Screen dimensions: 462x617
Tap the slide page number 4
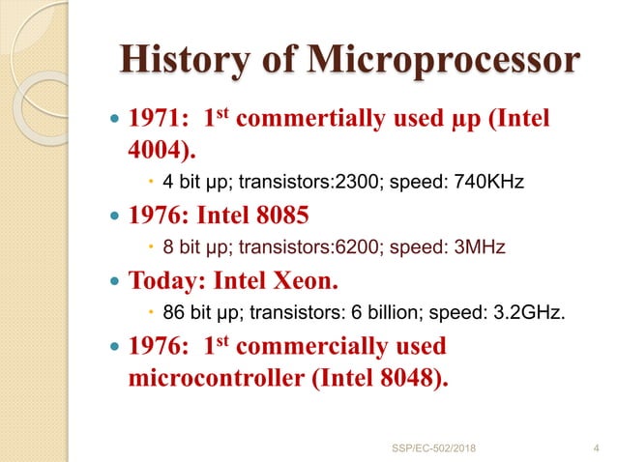click(x=593, y=447)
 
